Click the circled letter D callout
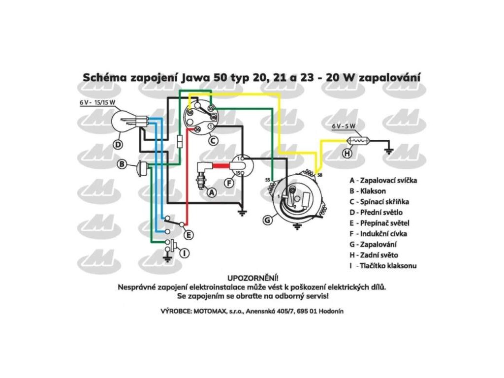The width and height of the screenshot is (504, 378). [x=118, y=145]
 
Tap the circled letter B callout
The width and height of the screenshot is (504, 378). [x=122, y=164]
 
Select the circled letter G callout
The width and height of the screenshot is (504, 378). [x=267, y=220]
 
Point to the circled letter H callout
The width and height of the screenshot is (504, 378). [x=347, y=153]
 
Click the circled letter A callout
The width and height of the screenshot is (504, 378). [x=212, y=192]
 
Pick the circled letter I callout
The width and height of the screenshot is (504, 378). [x=184, y=253]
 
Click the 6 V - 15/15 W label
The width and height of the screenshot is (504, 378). [x=97, y=103]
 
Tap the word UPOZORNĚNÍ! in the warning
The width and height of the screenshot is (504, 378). [x=252, y=277]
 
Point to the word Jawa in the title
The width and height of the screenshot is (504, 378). [x=196, y=77]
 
